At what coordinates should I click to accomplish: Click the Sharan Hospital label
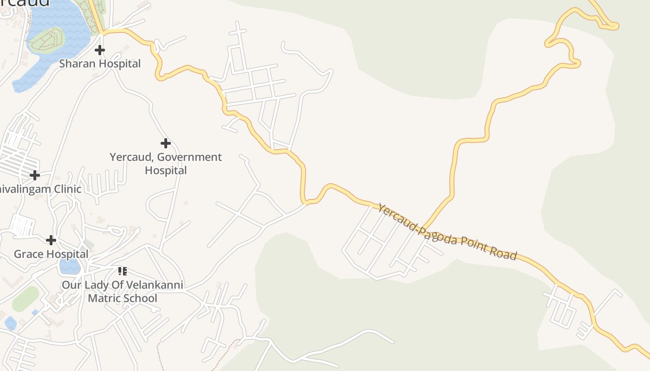100,64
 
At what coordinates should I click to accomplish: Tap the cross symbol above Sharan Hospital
100,50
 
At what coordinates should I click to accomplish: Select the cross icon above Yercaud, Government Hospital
165,143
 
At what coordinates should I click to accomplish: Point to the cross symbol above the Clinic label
34,175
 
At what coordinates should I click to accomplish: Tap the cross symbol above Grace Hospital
51,240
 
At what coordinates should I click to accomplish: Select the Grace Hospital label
51,254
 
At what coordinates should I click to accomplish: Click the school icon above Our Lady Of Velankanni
123,271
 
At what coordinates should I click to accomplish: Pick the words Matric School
123,298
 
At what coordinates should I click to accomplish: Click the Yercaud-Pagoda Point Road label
447,231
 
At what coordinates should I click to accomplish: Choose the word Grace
28,254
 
